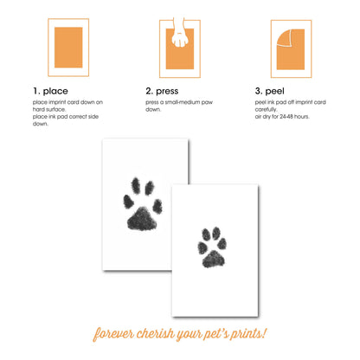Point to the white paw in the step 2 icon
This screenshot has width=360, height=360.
[x=180, y=35]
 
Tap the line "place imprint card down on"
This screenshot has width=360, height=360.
[x=67, y=103]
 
